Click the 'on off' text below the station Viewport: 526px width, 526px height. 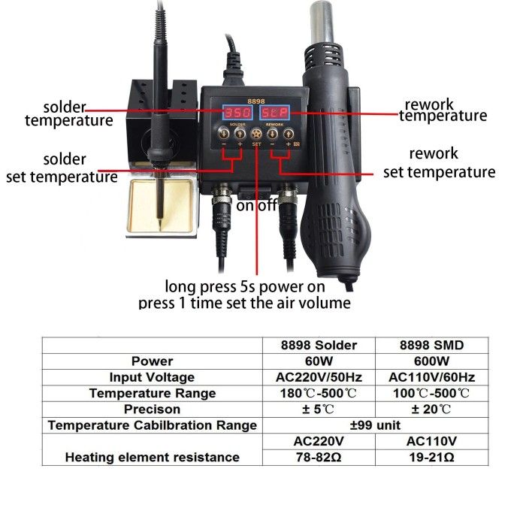(257, 205)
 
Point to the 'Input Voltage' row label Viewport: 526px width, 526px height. (152, 377)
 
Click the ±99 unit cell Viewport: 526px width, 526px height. (371, 425)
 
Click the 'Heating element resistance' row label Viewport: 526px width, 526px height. (152, 457)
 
